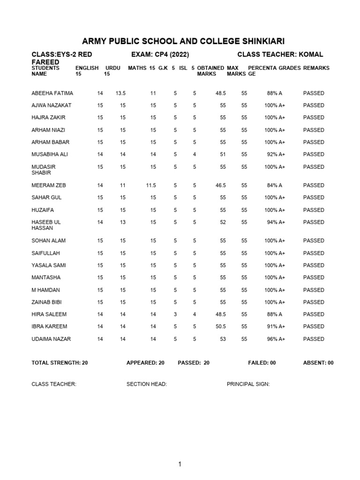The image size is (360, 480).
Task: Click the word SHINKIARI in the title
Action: (257, 41)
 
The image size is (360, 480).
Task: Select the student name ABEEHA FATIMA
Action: (52, 93)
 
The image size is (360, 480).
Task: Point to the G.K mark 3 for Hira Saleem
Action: (175, 315)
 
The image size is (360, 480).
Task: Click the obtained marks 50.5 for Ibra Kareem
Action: (220, 327)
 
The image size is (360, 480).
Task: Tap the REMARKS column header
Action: (316, 68)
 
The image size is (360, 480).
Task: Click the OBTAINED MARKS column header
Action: (210, 71)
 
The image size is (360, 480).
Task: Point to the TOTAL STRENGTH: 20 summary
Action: (60, 363)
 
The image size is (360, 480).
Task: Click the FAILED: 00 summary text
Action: (262, 363)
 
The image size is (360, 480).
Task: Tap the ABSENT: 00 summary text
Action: (318, 363)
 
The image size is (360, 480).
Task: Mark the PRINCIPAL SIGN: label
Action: (248, 384)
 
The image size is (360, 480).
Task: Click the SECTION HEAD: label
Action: (147, 384)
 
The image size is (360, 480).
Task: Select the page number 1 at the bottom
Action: (180, 465)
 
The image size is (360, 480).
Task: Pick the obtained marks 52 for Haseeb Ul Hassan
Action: (222, 222)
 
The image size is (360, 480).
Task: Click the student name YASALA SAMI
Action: (49, 265)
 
